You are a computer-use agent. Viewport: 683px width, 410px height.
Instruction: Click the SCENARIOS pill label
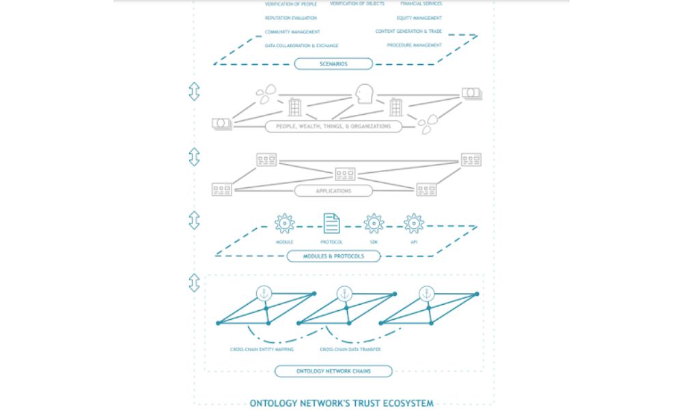tap(333, 64)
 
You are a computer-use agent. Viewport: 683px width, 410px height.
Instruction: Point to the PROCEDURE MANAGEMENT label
tap(414, 45)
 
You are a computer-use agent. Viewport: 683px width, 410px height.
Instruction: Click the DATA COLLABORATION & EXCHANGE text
tap(301, 46)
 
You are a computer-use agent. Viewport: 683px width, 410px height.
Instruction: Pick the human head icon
tap(364, 94)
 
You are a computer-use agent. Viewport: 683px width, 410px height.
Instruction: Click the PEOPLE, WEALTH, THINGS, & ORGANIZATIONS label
tap(333, 126)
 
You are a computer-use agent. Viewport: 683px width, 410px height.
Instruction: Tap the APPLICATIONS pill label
tap(333, 191)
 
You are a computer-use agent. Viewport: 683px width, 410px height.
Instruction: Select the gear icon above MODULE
tap(284, 223)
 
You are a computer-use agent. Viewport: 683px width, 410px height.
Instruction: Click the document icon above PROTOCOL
tap(331, 223)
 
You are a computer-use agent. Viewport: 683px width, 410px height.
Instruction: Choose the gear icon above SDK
tap(374, 223)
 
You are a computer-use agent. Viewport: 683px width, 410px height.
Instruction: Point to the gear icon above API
tap(413, 223)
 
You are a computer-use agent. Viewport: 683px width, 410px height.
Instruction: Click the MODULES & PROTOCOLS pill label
tap(333, 256)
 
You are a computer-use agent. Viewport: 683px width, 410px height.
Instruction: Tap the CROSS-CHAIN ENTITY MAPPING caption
tap(262, 349)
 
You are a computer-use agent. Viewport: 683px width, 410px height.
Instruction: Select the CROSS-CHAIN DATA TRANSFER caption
tap(350, 349)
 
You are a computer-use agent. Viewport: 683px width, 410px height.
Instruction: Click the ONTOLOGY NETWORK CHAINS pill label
tap(333, 372)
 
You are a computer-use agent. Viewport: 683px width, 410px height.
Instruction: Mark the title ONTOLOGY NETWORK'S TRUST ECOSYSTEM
tap(341, 403)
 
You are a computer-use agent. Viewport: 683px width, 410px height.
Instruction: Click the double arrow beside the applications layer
tap(194, 156)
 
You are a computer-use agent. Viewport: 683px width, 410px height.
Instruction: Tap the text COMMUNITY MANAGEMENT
tap(292, 32)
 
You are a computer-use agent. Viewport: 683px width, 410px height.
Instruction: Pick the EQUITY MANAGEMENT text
tap(419, 18)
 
